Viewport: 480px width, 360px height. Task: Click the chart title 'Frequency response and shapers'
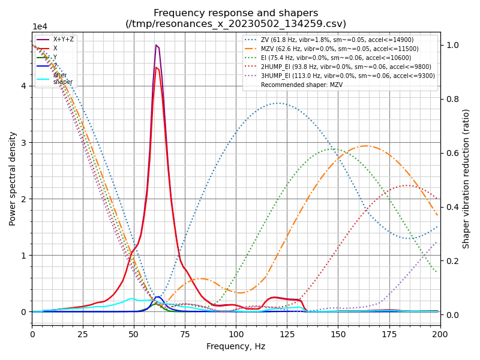coord(236,13)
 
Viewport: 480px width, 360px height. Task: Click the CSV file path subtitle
coord(236,24)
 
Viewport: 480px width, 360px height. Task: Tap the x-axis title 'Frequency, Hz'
coord(236,346)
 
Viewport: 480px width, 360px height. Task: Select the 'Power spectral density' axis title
coord(13,178)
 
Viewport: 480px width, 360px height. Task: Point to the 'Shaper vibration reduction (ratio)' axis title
coord(466,178)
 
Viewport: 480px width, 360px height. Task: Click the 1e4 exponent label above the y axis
coord(40,27)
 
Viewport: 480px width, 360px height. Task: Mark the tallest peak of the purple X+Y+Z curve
coord(156,45)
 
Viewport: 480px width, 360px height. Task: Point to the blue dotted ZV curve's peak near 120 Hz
coord(279,103)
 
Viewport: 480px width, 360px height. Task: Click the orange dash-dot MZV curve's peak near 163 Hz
coord(365,146)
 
